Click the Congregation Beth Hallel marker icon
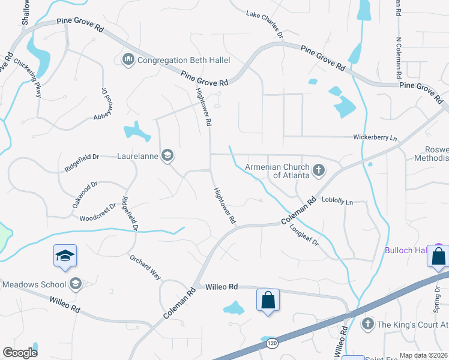pos(128,60)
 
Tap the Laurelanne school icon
pos(167,156)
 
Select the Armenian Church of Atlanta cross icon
pos(318,171)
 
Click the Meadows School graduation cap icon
pos(76,284)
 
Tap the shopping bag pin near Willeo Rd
pos(268,299)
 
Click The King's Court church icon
pos(367,325)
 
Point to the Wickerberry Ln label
pos(375,138)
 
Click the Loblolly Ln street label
pos(337,201)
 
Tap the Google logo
pos(20,353)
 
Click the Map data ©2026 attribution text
pos(423,355)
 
